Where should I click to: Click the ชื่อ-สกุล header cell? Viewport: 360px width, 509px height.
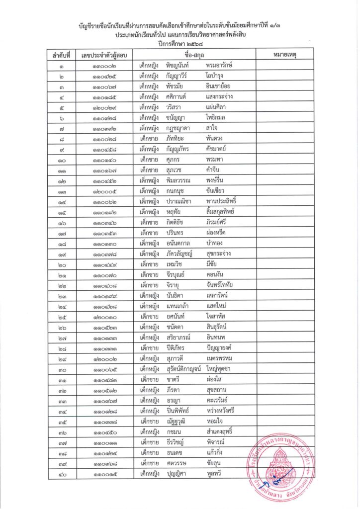pos(195,54)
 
